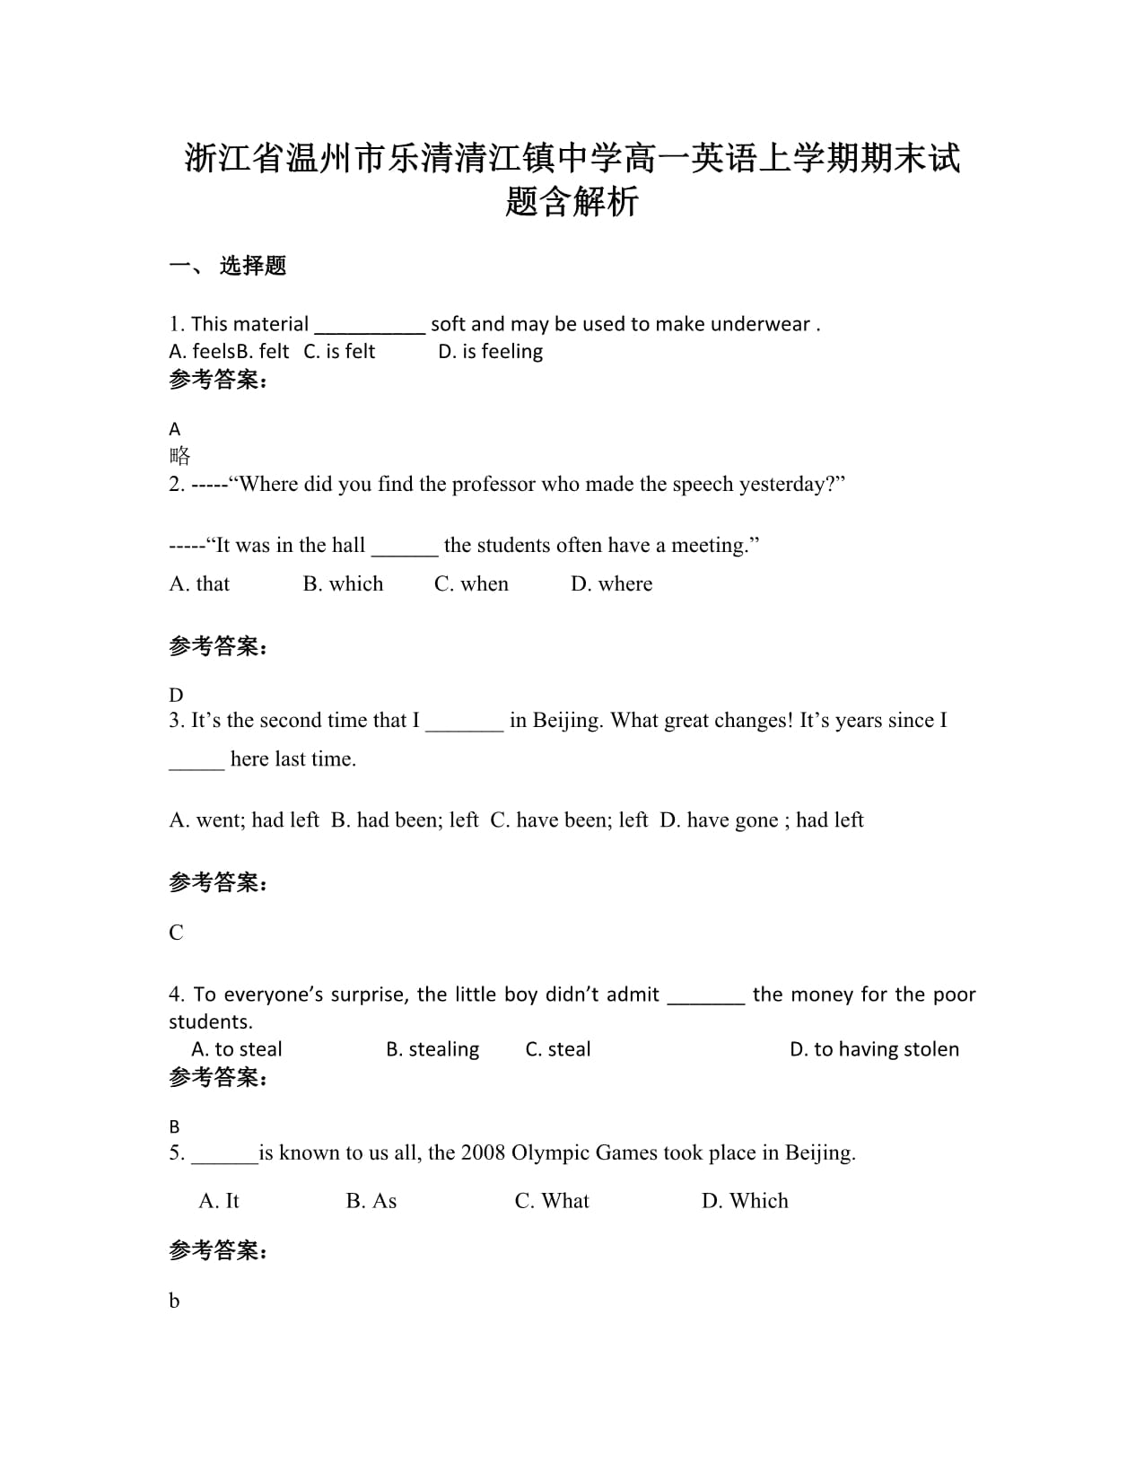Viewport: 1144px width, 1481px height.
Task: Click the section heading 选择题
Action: [252, 266]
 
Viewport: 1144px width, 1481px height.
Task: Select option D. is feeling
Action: [490, 352]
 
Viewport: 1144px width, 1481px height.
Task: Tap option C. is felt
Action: [339, 352]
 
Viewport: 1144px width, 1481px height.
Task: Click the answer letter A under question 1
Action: [175, 429]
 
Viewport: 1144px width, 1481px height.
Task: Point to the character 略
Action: [179, 456]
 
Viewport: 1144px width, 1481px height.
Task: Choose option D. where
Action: [612, 584]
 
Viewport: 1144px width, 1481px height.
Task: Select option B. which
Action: [343, 584]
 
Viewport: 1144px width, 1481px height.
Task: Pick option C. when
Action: [471, 584]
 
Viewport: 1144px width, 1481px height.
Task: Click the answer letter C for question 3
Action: [176, 933]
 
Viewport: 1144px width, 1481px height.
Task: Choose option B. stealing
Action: [432, 1049]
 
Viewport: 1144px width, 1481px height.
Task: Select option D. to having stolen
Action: [874, 1049]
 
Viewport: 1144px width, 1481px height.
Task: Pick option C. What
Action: [552, 1201]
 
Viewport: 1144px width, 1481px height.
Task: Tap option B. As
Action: [371, 1201]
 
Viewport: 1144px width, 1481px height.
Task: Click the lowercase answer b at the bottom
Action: [174, 1301]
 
